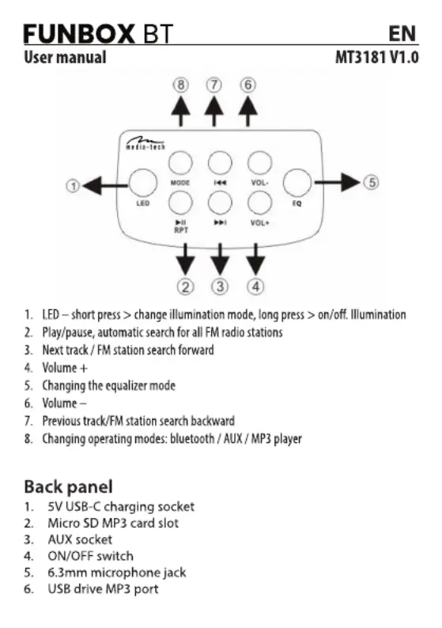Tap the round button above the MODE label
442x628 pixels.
[180, 164]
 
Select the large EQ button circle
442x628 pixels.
[297, 183]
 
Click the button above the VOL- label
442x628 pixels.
[260, 164]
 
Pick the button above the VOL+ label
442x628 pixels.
[260, 202]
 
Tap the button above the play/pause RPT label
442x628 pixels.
[180, 202]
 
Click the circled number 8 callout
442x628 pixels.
[180, 85]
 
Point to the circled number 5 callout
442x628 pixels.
[371, 182]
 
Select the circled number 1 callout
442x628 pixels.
[73, 186]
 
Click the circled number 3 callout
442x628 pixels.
[220, 287]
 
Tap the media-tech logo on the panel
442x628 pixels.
[145, 143]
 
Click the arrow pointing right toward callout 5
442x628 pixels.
[337, 182]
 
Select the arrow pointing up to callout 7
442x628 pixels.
[214, 112]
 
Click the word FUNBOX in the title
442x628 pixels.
[79, 34]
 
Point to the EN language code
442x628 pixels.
[402, 34]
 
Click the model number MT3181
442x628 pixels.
[361, 58]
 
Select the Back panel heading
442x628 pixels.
[69, 487]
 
